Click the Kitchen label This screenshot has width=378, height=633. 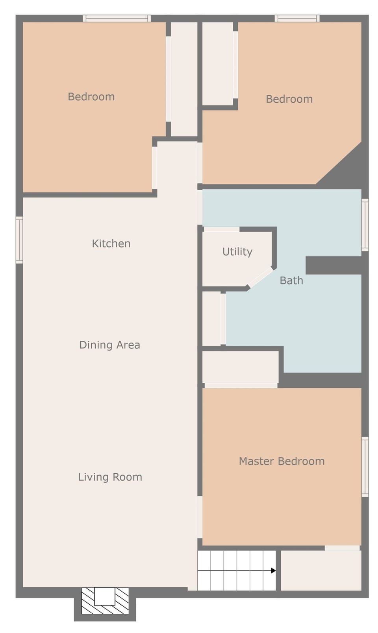coord(111,244)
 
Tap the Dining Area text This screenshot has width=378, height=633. coord(109,345)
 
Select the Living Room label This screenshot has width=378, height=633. coord(110,477)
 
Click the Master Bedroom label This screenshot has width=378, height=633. coord(282,461)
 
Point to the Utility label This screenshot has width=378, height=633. coord(237,252)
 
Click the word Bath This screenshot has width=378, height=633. coord(291,281)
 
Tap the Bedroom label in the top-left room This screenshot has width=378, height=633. coord(91,97)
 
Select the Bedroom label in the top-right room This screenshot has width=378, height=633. coord(289,99)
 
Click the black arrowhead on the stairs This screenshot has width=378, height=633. coord(273,570)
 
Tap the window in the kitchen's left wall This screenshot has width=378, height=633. coord(19,240)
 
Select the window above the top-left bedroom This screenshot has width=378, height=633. coord(117,18)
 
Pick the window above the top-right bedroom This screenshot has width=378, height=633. coord(297,18)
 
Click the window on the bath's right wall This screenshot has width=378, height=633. coord(365,225)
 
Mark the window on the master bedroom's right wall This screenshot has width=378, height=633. coord(365,467)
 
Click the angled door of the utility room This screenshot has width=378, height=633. coord(261,277)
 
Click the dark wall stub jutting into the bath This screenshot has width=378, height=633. coord(333,265)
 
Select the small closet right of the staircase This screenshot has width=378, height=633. coord(321,570)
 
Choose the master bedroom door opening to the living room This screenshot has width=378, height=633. coord(200,517)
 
